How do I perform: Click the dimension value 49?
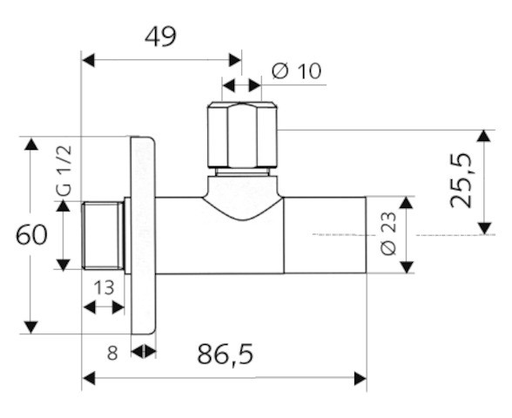point(160,37)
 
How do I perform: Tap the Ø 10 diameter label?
point(296,71)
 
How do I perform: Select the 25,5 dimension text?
point(461,180)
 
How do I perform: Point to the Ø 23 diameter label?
point(388,233)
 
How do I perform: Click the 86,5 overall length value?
point(226,354)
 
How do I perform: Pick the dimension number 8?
point(112,353)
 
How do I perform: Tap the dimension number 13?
point(104,288)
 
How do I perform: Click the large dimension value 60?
point(31,235)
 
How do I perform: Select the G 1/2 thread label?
point(63,171)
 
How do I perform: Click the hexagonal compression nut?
point(243,136)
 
